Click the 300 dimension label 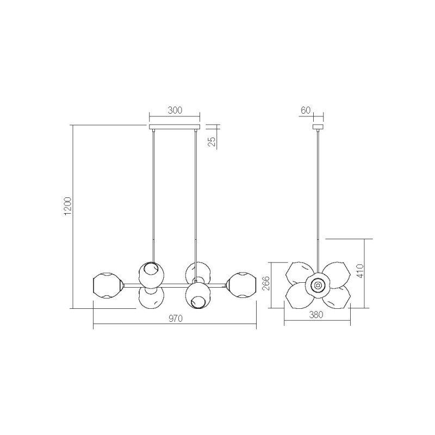[x=175, y=110]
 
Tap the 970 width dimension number [x=175, y=319]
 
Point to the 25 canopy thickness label [x=213, y=142]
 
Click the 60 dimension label [x=305, y=110]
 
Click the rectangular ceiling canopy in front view [x=175, y=127]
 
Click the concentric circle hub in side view [x=318, y=284]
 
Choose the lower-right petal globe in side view [x=335, y=297]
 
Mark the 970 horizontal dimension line [x=136, y=326]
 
